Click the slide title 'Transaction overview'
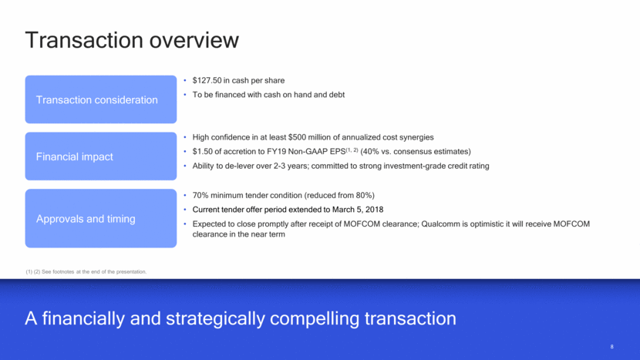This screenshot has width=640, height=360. (x=132, y=40)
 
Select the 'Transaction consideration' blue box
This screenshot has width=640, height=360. (x=101, y=99)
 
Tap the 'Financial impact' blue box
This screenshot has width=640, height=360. (x=101, y=156)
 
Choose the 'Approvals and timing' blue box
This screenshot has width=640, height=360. (x=101, y=218)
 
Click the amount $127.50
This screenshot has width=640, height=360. (x=207, y=80)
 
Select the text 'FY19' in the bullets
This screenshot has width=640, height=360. (x=276, y=151)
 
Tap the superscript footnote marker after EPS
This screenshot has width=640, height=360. (x=352, y=150)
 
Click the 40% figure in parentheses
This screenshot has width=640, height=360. (x=371, y=151)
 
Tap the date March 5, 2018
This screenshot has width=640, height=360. (x=358, y=210)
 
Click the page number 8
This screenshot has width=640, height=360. (x=611, y=347)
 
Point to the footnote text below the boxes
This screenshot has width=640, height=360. (x=86, y=271)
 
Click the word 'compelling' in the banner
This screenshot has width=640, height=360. (x=315, y=318)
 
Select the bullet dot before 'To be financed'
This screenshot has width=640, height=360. (x=185, y=95)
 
